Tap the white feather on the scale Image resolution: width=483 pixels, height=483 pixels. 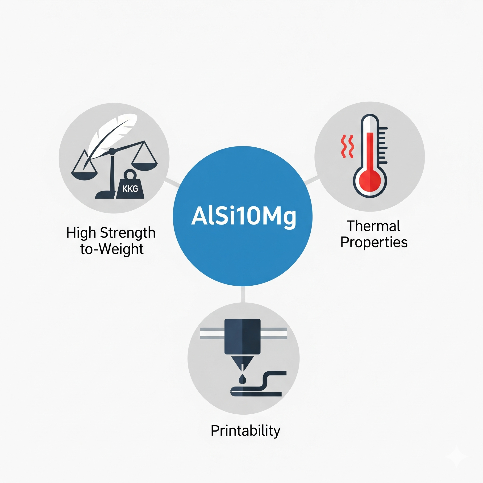(x=110, y=136)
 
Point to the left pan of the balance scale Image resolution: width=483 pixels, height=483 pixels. (x=84, y=176)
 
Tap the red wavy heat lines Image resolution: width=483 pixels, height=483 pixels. (x=347, y=146)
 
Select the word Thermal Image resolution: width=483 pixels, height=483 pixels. (x=373, y=226)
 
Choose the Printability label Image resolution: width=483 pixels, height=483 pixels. (x=246, y=430)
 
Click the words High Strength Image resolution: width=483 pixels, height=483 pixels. (x=111, y=233)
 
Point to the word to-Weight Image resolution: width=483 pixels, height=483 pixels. (x=112, y=249)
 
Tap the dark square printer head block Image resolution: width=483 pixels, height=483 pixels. (x=242, y=337)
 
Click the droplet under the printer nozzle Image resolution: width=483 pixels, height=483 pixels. (x=242, y=379)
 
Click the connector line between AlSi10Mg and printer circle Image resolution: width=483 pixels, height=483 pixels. (x=243, y=295)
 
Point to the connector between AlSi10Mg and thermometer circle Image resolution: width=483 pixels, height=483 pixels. (x=312, y=180)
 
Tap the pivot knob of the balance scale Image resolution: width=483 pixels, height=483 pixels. (x=112, y=151)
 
